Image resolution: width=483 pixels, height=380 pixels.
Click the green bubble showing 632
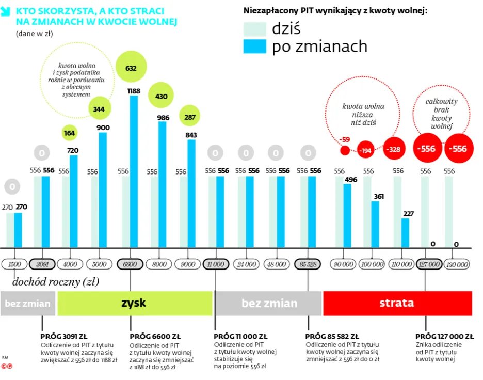[x=132, y=68]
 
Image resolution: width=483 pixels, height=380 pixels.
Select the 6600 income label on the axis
[x=130, y=264]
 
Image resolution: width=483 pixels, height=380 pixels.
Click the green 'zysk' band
[x=135, y=303]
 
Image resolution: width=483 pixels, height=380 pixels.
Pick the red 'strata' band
[x=397, y=303]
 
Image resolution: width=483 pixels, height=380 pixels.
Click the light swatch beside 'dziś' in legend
[x=254, y=29]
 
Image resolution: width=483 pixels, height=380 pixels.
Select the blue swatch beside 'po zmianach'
[x=254, y=46]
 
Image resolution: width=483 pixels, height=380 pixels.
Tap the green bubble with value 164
[x=70, y=133]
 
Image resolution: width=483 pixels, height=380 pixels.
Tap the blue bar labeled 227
[x=406, y=233]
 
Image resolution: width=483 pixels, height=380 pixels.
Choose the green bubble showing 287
[x=190, y=117]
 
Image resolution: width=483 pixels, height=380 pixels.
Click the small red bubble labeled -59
[x=345, y=150]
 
